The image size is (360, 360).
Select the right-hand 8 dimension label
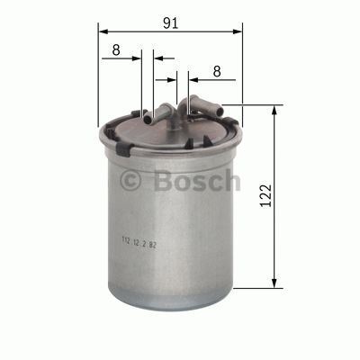216,70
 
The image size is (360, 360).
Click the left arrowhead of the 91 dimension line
101,31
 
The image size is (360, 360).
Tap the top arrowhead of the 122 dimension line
273,109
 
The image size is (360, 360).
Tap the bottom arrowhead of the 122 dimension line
273,285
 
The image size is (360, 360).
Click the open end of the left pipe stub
145,114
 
